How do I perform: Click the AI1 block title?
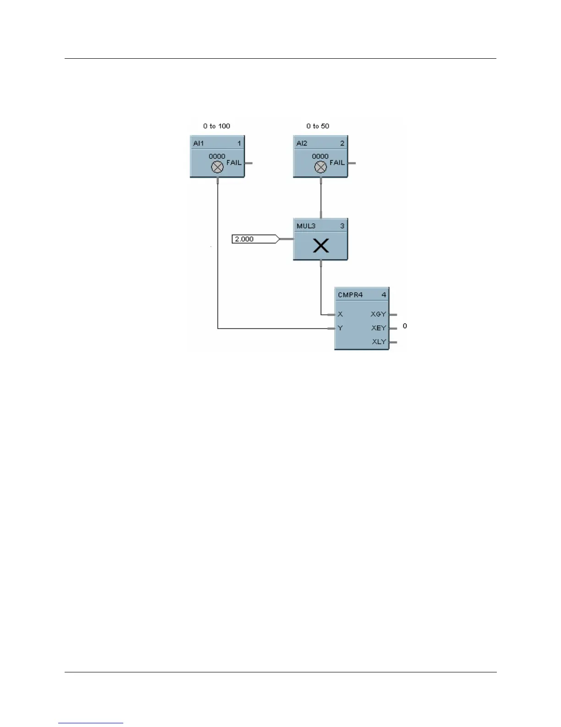(198, 143)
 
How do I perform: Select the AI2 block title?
(302, 143)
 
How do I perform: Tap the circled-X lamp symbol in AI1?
(217, 168)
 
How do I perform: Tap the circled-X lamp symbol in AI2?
(320, 168)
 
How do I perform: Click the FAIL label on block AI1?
(234, 162)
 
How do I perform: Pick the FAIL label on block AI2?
(337, 162)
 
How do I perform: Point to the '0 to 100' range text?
(217, 126)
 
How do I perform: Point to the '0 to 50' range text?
(318, 126)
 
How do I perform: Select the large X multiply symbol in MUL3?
(321, 246)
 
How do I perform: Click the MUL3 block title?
(306, 226)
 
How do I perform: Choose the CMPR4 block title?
(350, 295)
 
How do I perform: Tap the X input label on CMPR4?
(340, 314)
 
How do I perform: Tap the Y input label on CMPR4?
(340, 328)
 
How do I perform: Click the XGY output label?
(379, 314)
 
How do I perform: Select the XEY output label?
(379, 328)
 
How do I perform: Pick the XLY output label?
(379, 342)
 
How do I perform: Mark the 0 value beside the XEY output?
(405, 326)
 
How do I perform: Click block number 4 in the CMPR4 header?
(384, 295)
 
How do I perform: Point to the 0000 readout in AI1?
(217, 156)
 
